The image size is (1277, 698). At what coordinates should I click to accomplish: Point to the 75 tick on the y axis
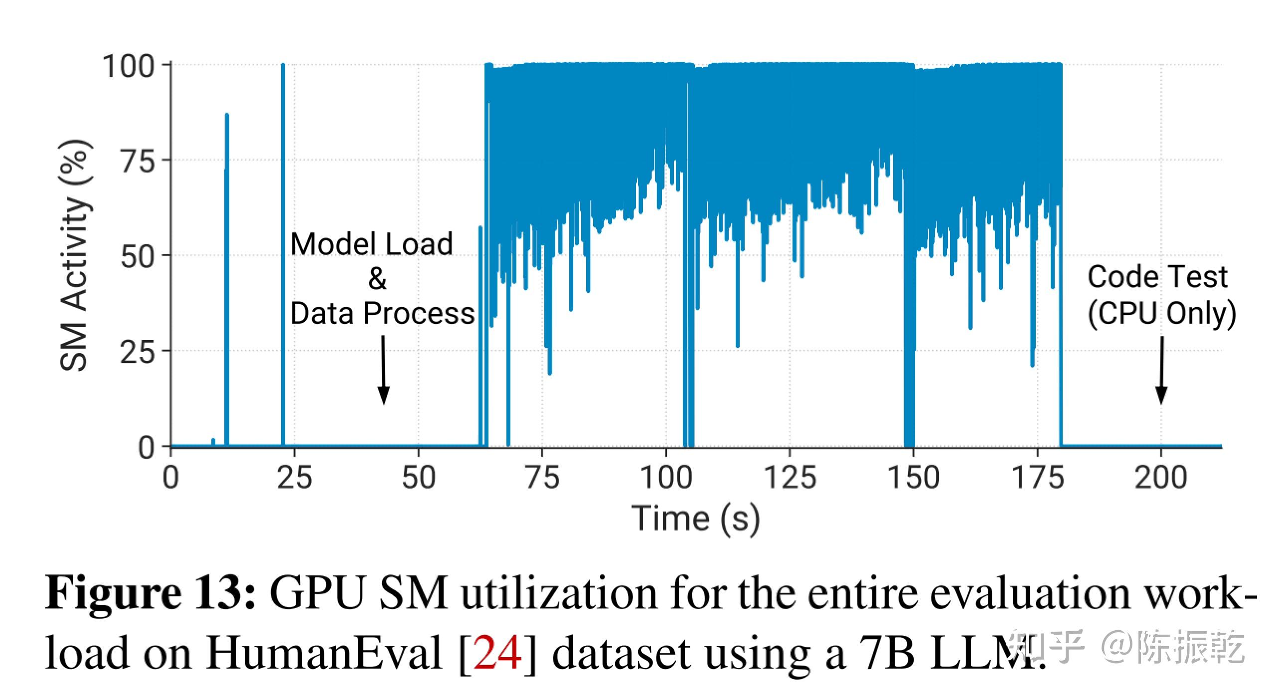pos(138,161)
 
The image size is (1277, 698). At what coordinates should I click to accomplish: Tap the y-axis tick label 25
pos(138,352)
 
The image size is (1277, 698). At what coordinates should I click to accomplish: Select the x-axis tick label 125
pos(790,477)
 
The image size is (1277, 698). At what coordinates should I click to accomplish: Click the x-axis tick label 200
pos(1161,477)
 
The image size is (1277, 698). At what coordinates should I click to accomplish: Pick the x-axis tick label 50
pos(418,477)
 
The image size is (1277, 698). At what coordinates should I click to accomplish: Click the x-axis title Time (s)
pos(696,519)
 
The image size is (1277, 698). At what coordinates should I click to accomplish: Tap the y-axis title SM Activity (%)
pos(75,255)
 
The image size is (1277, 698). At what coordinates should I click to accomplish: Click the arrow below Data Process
pos(383,369)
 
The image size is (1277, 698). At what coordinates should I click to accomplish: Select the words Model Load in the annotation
pos(371,244)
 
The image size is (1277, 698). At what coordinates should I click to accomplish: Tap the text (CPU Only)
pos(1161,314)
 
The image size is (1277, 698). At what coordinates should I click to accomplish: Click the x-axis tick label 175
pos(1037,477)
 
